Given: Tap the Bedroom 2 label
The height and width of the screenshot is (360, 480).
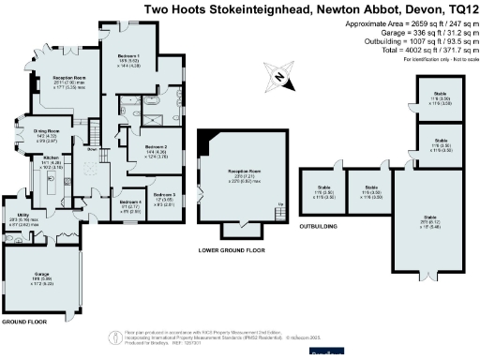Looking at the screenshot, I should click(x=157, y=148).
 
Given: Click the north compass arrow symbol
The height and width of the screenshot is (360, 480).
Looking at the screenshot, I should click(x=278, y=76).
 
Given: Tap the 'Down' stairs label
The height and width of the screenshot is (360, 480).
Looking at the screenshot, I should click(x=93, y=148).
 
